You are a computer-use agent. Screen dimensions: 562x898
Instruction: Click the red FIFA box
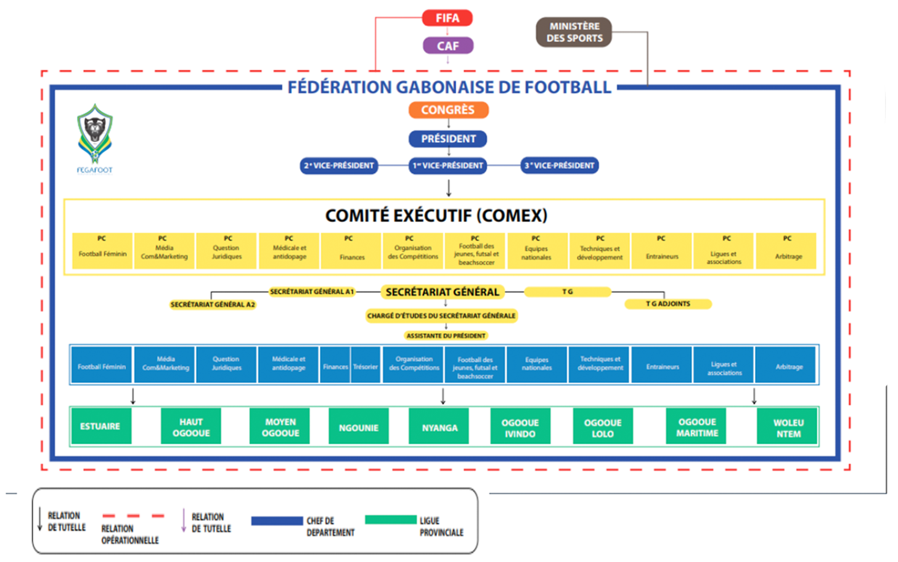[447, 18]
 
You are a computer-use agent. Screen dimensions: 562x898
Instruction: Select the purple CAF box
[447, 46]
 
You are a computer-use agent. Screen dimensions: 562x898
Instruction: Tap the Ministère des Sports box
[574, 32]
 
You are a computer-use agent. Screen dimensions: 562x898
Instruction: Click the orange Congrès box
[448, 110]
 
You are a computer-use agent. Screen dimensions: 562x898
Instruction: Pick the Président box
[448, 139]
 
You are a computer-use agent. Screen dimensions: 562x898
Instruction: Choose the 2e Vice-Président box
[339, 165]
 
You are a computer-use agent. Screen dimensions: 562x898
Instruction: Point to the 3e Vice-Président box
[560, 165]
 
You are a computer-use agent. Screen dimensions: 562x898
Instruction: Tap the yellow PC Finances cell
[351, 251]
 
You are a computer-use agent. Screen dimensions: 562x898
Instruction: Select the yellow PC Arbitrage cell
[786, 251]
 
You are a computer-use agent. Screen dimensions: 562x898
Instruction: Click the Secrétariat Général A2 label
[213, 304]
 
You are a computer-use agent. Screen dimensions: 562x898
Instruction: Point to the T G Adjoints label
[668, 304]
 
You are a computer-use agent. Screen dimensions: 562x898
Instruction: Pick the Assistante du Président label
[446, 336]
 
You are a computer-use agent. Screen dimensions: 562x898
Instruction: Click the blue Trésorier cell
[365, 366]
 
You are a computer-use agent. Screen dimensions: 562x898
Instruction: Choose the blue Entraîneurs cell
[662, 366]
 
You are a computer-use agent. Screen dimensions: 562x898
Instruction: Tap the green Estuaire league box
[100, 426]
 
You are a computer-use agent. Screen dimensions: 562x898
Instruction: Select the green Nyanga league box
[439, 427]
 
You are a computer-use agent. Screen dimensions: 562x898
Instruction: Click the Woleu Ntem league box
[788, 428]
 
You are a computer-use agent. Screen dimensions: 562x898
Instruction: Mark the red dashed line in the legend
[133, 516]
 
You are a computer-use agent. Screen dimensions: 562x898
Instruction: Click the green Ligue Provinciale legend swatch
[391, 519]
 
